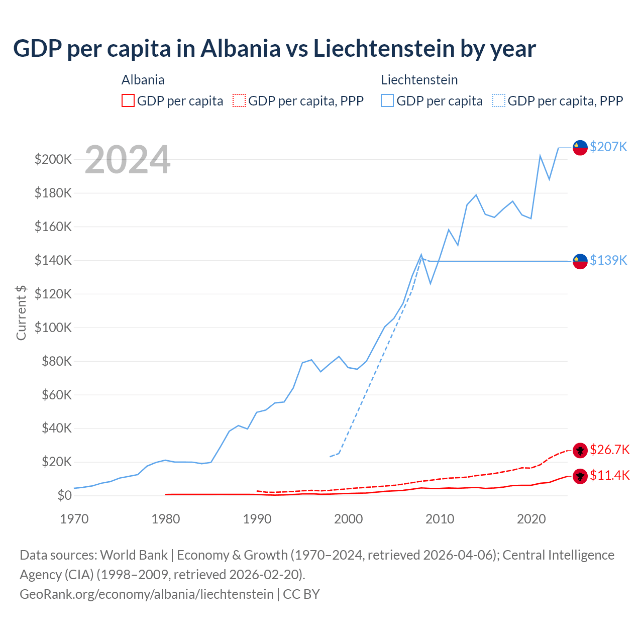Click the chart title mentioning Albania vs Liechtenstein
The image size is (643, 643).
(274, 49)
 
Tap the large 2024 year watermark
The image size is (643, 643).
(128, 160)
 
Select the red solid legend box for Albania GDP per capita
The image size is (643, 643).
(128, 101)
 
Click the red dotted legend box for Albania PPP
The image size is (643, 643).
(239, 101)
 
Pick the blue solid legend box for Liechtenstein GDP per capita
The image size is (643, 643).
(387, 101)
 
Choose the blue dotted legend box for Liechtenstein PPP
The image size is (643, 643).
(499, 101)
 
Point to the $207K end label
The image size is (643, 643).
(608, 147)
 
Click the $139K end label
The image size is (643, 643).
(608, 260)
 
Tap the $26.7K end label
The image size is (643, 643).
(609, 450)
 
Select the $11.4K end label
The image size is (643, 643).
(609, 476)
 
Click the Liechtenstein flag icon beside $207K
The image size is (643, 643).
(580, 148)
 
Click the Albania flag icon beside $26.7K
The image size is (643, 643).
(580, 450)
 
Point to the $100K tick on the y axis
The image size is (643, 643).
(53, 328)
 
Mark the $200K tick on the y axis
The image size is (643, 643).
(53, 160)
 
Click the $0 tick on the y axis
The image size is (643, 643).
(64, 496)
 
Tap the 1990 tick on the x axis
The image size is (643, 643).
(257, 519)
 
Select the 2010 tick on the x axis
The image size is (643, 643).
(440, 519)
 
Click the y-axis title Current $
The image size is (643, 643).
(21, 312)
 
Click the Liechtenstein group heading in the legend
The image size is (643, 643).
(419, 80)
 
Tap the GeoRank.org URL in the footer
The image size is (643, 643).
(147, 594)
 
